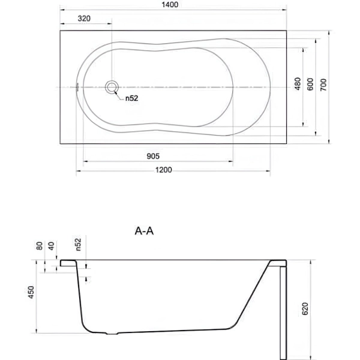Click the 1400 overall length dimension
point(170,5)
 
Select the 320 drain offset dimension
point(84,19)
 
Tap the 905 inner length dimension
point(153,157)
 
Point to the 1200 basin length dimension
point(163,170)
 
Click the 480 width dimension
point(298,84)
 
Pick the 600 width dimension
point(310,84)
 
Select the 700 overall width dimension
point(323,85)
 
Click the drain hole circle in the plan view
point(112,87)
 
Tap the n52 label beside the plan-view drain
point(131,98)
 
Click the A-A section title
point(144,231)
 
